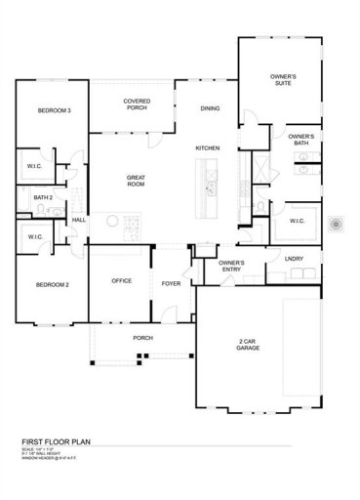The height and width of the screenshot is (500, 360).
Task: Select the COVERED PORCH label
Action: (137, 104)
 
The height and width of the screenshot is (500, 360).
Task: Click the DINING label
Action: (210, 108)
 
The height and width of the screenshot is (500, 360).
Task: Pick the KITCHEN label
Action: (208, 147)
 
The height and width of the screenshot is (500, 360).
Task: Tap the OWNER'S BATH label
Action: (300, 141)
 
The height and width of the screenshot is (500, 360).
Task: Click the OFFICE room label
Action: (121, 280)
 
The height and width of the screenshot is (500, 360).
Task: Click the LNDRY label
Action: (294, 259)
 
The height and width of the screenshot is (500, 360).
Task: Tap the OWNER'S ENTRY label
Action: (231, 266)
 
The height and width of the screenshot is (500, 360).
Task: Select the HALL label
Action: (79, 221)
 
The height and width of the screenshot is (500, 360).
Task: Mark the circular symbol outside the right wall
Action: (337, 224)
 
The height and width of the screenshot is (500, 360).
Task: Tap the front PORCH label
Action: (142, 338)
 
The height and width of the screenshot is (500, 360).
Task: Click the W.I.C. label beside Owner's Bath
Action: (298, 221)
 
